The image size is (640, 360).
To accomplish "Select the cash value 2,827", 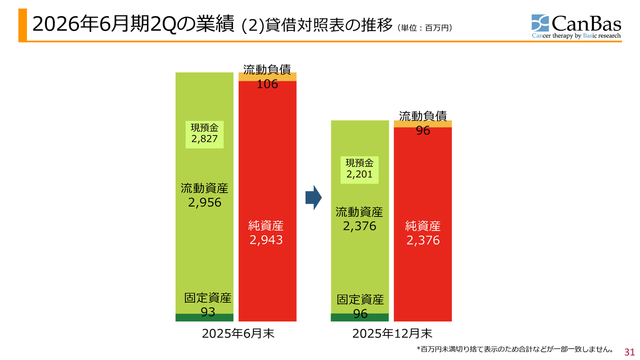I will pos(204,139).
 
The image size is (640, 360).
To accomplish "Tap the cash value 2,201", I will pos(359,174).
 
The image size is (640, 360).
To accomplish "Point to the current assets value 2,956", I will pos(204,202).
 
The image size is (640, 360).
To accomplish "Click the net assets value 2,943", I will pos(266,240).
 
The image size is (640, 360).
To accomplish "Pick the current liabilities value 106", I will pos(267,84).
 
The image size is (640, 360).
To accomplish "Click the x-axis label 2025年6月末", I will pos(238,333).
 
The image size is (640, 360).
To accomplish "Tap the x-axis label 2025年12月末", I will pos(392,333).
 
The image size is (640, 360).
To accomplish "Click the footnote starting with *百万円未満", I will pos(514,348).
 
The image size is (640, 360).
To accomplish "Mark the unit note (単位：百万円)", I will pos(425,28).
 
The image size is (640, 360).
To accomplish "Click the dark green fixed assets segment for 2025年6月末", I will pos(204,317).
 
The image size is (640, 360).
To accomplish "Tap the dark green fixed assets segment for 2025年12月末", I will pos(359,317).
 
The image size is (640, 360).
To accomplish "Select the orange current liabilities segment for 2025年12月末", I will pos(423,123).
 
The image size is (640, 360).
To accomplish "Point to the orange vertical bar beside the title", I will pos(22,25).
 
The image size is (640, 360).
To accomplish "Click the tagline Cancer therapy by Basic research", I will pos(576,36).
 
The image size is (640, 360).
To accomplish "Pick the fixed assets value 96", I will pos(360,313).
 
